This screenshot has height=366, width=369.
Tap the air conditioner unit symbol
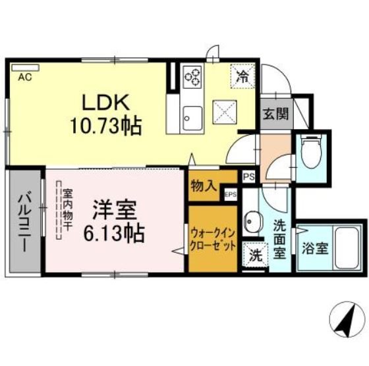pyautogui.click(x=25, y=66)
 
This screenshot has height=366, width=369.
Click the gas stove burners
pyautogui.click(x=192, y=77)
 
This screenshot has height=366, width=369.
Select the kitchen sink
pyautogui.click(x=194, y=117)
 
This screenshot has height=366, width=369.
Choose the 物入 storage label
pyautogui.click(x=204, y=185)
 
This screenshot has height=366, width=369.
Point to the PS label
pyautogui.click(x=248, y=177)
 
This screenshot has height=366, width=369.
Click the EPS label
pyautogui.click(x=231, y=194)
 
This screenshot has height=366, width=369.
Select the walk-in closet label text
pyautogui.click(x=213, y=237)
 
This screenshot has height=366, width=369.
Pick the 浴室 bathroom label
pyautogui.click(x=316, y=249)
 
